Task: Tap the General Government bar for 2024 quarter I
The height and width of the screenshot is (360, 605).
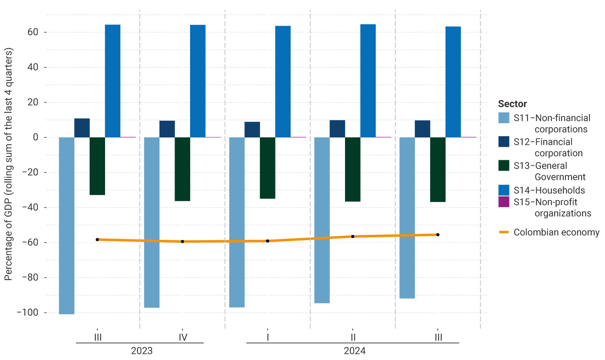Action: (x=267, y=168)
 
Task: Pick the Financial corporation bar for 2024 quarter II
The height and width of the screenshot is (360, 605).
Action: (x=337, y=128)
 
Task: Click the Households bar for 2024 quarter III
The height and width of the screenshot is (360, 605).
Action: (x=453, y=82)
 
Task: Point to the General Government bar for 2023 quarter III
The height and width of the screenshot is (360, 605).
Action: (x=97, y=166)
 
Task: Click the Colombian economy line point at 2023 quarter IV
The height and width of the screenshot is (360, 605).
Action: (x=182, y=241)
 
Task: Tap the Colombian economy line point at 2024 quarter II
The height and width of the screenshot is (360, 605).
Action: (x=353, y=236)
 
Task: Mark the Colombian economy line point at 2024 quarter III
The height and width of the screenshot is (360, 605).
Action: (x=438, y=235)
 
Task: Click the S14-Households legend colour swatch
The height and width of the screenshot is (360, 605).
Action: (x=504, y=190)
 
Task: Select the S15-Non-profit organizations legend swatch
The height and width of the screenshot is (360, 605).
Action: (x=504, y=202)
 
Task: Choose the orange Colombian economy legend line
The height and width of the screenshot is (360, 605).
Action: (x=504, y=232)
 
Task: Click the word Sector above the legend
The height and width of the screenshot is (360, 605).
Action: (x=512, y=104)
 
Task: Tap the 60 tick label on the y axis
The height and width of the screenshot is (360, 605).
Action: (x=33, y=32)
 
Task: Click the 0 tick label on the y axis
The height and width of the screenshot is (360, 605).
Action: (x=36, y=137)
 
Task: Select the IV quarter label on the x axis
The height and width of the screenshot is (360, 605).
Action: (x=183, y=337)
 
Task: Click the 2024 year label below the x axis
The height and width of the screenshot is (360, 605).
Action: (x=354, y=351)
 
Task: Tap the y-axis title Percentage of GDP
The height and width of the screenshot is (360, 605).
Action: (x=9, y=164)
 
